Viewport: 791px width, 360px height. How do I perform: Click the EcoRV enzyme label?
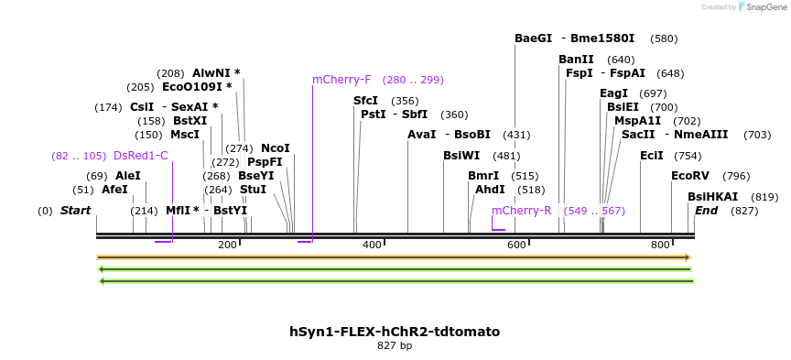click(x=689, y=176)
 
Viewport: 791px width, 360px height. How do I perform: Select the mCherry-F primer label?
click(x=341, y=80)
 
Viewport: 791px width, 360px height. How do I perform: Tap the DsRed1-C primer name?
click(x=141, y=156)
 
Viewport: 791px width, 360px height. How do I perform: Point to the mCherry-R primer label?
click(x=522, y=211)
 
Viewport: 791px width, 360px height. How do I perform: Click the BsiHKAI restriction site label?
click(x=712, y=197)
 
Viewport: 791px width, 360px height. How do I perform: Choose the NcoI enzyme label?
click(x=275, y=148)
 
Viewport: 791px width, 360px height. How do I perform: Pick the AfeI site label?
click(x=114, y=190)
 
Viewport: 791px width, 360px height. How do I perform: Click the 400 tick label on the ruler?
click(x=372, y=245)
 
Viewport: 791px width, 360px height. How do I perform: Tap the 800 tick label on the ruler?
click(x=660, y=245)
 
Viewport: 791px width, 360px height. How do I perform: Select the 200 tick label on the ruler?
click(x=227, y=245)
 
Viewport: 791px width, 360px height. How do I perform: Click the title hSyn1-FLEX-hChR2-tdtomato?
click(x=395, y=332)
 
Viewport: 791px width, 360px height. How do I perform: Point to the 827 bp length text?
click(x=395, y=346)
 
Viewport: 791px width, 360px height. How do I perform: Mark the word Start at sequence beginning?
click(x=76, y=211)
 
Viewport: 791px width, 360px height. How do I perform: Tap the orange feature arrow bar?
click(x=394, y=257)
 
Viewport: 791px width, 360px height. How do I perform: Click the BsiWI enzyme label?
click(x=461, y=156)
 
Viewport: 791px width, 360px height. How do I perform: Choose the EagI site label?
click(x=613, y=93)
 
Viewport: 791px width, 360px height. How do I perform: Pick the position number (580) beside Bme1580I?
click(x=664, y=39)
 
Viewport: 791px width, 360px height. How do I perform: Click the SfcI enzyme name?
click(x=365, y=101)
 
